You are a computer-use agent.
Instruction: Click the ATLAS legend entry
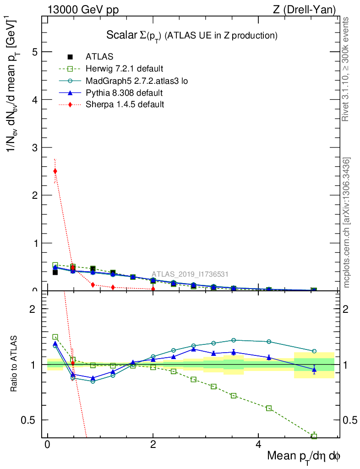(x=99, y=57)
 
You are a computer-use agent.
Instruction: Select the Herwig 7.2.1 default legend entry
(x=124, y=69)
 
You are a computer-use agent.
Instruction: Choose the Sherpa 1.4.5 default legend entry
(x=125, y=104)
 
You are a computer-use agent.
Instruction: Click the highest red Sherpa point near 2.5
(x=55, y=171)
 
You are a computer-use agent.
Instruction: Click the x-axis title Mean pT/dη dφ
(x=304, y=456)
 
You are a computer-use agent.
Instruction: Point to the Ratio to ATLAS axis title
(x=14, y=365)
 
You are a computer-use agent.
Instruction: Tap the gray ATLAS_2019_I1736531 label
(x=190, y=274)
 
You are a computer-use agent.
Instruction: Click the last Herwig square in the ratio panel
(x=314, y=436)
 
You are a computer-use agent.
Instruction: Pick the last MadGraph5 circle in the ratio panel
(x=314, y=351)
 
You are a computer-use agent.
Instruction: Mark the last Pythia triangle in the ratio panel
(x=314, y=369)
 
